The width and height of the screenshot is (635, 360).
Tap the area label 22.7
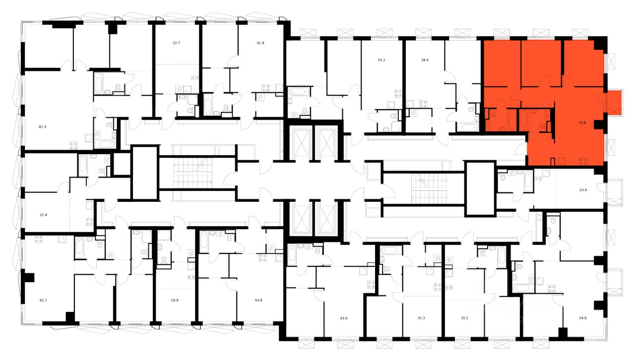tap(176, 43)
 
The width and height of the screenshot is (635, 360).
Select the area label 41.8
tap(260, 43)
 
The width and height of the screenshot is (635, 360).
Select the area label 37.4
tap(43, 215)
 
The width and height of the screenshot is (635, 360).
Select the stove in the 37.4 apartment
tap(90, 222)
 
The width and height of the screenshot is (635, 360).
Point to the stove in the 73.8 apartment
tap(583, 160)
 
